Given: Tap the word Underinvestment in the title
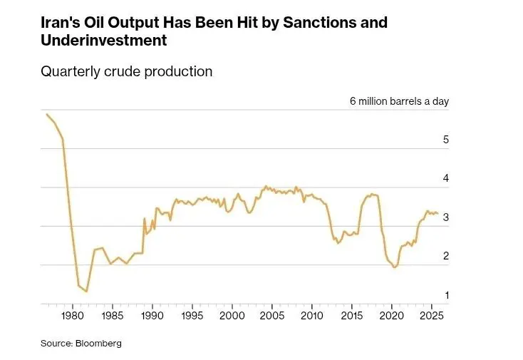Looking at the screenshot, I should [x=104, y=41].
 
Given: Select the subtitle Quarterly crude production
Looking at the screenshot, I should [x=127, y=71].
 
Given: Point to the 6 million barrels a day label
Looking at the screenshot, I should [x=399, y=101].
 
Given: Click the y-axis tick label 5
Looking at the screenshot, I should [x=445, y=140].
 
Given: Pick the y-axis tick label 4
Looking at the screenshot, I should [x=445, y=178].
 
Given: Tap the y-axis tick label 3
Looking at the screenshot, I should [x=445, y=217].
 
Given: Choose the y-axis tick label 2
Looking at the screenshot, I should [x=445, y=256].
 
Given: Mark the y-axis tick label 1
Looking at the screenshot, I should [x=445, y=294].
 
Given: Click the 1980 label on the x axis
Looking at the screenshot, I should [x=72, y=315].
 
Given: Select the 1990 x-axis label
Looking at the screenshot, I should [x=152, y=315].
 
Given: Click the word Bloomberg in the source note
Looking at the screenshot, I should [x=100, y=343].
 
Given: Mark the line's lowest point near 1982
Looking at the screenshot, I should [x=86, y=292].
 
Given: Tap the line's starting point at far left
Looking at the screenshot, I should [x=46, y=114].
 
